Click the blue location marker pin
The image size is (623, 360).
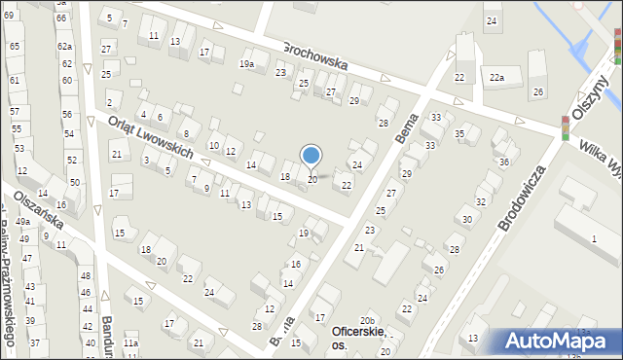pyautogui.click(x=311, y=156)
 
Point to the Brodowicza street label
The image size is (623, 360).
pyautogui.click(x=522, y=198)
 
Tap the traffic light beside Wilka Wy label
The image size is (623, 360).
pyautogui.click(x=565, y=126)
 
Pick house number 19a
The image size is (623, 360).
pyautogui.click(x=247, y=64)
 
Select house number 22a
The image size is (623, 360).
pyautogui.click(x=497, y=77)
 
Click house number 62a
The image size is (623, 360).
pyautogui.click(x=64, y=46)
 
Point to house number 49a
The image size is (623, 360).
pyautogui.click(x=22, y=222)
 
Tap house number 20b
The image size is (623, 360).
pyautogui.click(x=366, y=320)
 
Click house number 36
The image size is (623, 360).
pyautogui.click(x=503, y=162)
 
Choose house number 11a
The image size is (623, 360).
pyautogui.click(x=130, y=343)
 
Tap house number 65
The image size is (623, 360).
pyautogui.click(x=14, y=46)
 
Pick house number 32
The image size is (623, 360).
pyautogui.click(x=480, y=201)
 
